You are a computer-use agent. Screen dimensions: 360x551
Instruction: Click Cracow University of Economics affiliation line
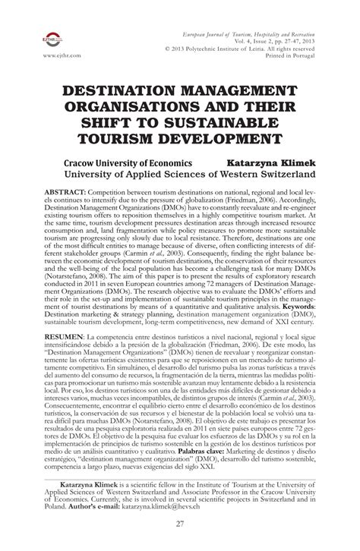point(125,162)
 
